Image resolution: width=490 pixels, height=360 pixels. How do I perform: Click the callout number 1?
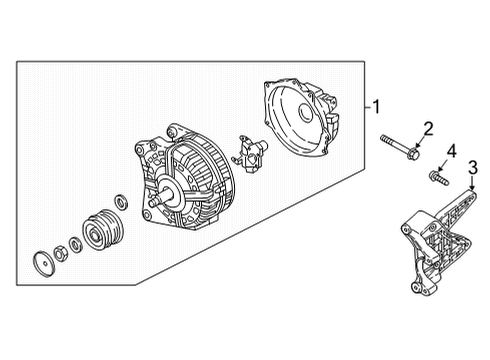click(x=376, y=107)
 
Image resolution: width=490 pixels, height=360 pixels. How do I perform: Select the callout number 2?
click(x=428, y=128)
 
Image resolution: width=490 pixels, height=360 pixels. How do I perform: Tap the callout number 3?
click(x=473, y=167)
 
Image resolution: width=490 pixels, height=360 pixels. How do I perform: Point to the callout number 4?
click(x=451, y=151)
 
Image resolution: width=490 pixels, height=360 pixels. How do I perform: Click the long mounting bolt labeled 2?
click(x=400, y=147)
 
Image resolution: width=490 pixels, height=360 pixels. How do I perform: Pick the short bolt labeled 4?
click(x=439, y=178)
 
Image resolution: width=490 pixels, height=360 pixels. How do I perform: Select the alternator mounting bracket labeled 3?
click(x=438, y=242)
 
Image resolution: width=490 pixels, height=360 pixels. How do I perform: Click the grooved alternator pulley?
click(x=103, y=230)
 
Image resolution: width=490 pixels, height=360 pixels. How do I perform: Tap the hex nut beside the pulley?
click(x=60, y=254)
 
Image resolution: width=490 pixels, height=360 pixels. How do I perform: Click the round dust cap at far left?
click(x=43, y=264)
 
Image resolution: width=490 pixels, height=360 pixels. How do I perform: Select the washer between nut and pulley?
click(x=75, y=245)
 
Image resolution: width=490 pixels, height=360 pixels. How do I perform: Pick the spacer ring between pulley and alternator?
click(x=121, y=202)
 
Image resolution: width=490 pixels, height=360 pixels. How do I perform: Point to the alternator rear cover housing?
click(x=301, y=117)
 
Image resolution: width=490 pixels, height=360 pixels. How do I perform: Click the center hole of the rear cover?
click(x=305, y=113)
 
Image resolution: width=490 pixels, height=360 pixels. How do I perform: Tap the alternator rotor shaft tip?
click(x=153, y=202)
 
